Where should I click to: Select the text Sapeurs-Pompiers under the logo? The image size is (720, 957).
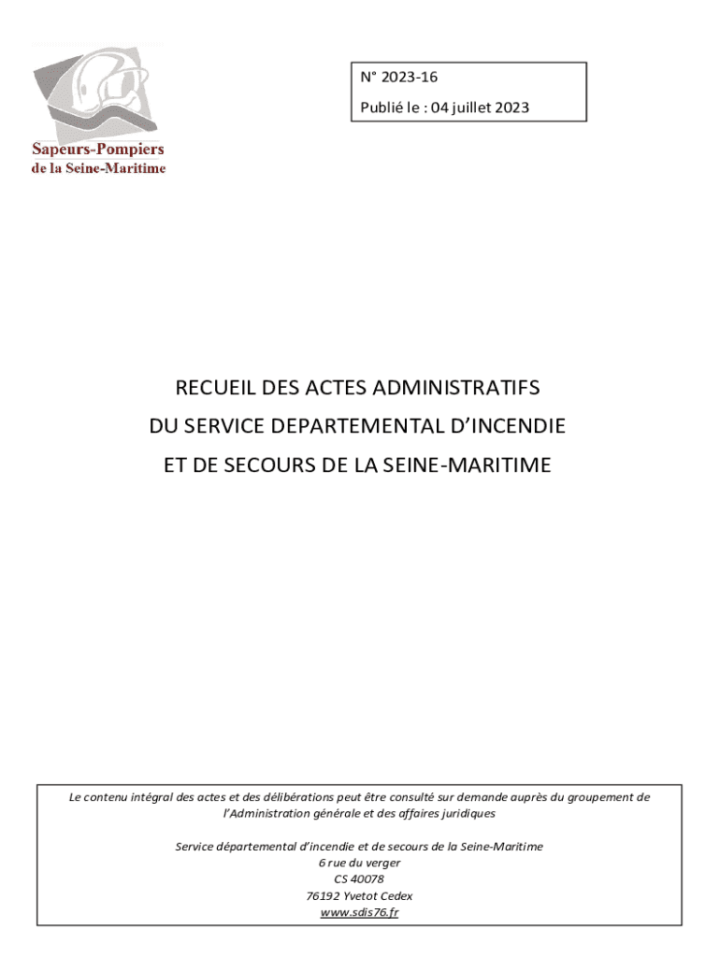click(98, 150)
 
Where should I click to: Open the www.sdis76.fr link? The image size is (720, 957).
click(359, 912)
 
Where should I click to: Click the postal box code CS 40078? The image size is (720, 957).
click(359, 878)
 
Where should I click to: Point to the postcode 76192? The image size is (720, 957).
click(323, 895)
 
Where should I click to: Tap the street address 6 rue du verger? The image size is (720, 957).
click(359, 863)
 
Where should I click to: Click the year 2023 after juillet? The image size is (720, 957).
click(512, 107)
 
